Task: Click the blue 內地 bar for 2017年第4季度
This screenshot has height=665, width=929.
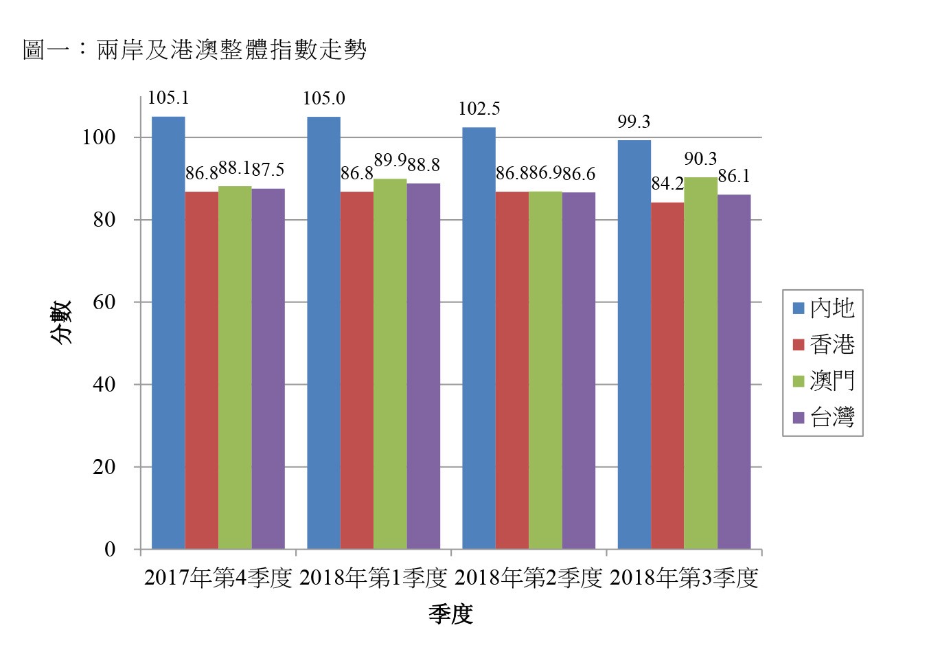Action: coord(168,333)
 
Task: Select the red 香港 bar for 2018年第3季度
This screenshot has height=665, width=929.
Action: coord(667,376)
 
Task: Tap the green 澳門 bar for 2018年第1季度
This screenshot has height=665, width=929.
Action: coord(390,364)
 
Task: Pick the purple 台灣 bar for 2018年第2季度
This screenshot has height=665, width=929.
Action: coord(579,371)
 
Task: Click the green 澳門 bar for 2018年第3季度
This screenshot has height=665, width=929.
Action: coord(700,363)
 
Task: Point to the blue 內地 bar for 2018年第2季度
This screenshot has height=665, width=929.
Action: coord(479,338)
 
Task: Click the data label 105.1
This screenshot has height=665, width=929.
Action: coord(168,98)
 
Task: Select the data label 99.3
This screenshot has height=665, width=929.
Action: coord(634,122)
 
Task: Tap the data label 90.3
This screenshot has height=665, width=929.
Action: coord(700,159)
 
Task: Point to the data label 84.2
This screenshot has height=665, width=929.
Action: coord(667,184)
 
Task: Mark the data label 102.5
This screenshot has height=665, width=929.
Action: coord(479,109)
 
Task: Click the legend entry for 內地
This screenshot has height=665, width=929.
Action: coord(823,308)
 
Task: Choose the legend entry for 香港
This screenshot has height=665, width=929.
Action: coord(823,344)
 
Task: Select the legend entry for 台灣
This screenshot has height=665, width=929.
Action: coord(823,417)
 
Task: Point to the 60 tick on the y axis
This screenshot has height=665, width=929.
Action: coord(104,302)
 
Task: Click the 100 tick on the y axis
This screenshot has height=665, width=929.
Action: coord(99,137)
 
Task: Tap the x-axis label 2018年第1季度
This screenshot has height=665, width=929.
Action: coord(374,578)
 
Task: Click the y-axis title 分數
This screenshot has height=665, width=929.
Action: coord(60,322)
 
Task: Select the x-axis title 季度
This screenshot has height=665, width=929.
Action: coord(451,614)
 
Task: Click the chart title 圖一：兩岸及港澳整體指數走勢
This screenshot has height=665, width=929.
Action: coord(195,49)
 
